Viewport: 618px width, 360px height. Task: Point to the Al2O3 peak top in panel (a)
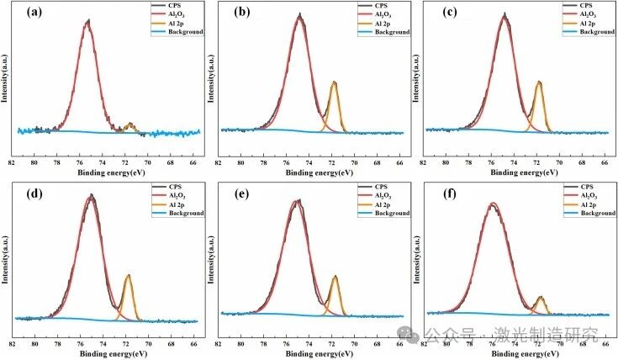87,24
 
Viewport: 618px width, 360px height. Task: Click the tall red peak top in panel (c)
504,15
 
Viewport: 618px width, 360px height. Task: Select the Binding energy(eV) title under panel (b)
309,174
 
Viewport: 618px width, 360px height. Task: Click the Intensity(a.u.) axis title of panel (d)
6,257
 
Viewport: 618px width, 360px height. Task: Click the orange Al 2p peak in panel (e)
335,278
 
